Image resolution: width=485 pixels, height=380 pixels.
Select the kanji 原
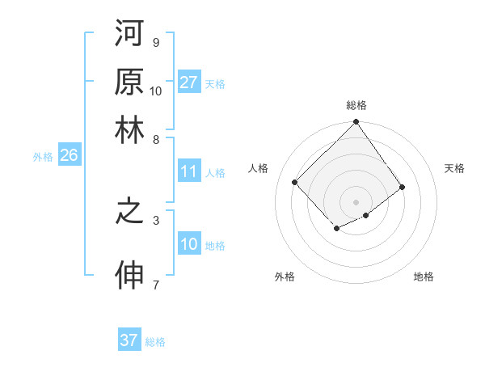click(x=129, y=82)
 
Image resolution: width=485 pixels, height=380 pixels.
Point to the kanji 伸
click(x=129, y=276)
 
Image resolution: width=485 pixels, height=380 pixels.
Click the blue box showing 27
click(x=189, y=82)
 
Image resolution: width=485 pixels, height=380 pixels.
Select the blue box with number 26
click(x=69, y=156)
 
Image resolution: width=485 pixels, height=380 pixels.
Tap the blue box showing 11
click(x=189, y=171)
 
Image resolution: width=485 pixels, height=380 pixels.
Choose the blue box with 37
click(x=129, y=340)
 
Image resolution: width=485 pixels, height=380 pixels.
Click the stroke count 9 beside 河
click(x=156, y=42)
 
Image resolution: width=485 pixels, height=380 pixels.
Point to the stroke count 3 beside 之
click(x=156, y=219)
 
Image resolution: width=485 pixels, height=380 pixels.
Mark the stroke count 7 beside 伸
click(x=156, y=285)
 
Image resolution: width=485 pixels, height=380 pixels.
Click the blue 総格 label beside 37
click(x=156, y=342)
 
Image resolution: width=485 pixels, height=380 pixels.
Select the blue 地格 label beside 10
click(x=215, y=246)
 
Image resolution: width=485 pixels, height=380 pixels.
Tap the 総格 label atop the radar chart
click(x=356, y=105)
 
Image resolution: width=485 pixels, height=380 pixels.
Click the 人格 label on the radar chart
click(x=259, y=168)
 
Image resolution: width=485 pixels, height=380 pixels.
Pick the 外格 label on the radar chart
click(x=285, y=277)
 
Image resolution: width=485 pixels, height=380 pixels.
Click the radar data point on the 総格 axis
click(x=356, y=123)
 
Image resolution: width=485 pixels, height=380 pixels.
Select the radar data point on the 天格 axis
click(x=402, y=187)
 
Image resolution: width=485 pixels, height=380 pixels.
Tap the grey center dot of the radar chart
click(x=356, y=201)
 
